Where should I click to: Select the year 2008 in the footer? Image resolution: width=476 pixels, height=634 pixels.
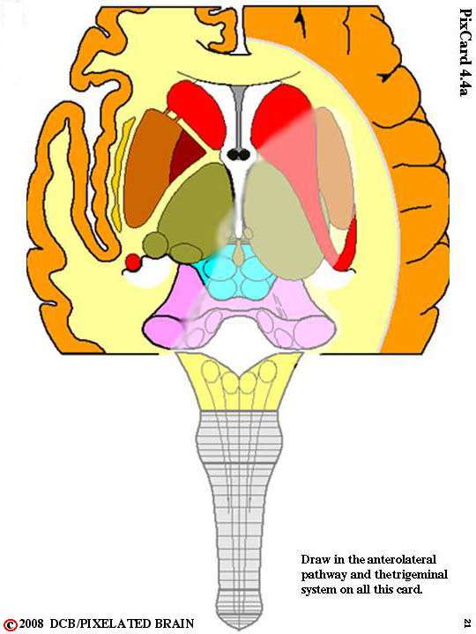[31, 623]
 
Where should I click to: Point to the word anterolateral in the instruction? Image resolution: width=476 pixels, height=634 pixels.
[402, 559]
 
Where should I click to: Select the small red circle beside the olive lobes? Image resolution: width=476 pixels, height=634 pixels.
[132, 262]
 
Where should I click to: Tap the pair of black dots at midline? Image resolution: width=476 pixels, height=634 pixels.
[238, 153]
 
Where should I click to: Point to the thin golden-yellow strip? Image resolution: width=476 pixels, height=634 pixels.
[120, 173]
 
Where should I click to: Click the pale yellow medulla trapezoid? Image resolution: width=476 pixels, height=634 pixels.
[239, 381]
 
